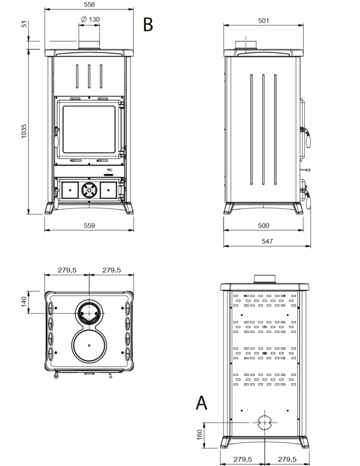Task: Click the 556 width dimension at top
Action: [x=89, y=4]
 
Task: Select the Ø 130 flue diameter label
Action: [x=90, y=19]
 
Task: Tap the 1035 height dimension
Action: [x=24, y=131]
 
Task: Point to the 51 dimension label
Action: [x=24, y=24]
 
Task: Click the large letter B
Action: [x=148, y=24]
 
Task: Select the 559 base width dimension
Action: [x=89, y=225]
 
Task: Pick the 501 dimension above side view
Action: [x=263, y=20]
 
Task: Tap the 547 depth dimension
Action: [x=267, y=241]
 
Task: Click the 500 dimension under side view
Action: [x=263, y=225]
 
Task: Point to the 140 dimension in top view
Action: [x=24, y=302]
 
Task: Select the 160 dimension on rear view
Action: [x=199, y=435]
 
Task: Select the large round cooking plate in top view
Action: [x=89, y=345]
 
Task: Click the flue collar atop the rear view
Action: [x=265, y=279]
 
